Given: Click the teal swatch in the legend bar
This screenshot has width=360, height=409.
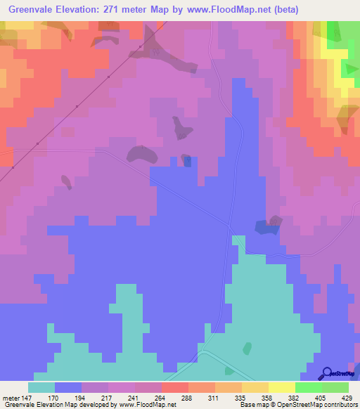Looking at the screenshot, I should (x=41, y=387).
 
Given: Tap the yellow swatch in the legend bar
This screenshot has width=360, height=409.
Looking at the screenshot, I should (x=282, y=387).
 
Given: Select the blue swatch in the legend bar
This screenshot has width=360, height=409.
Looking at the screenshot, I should (x=68, y=387).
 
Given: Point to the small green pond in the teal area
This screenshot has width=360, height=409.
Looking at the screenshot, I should (x=247, y=348).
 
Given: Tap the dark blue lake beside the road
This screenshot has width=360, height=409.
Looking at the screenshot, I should (x=266, y=226).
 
